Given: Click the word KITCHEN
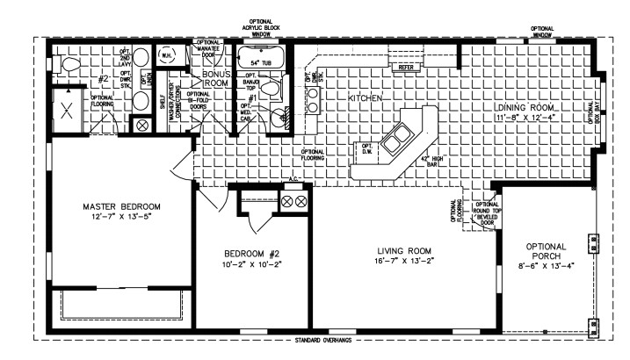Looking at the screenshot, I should pyautogui.click(x=365, y=99).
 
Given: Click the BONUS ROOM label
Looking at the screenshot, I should pyautogui.click(x=216, y=80).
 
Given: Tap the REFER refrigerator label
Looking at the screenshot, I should pyautogui.click(x=406, y=67).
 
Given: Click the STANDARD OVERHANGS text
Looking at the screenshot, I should pyautogui.click(x=315, y=340).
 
